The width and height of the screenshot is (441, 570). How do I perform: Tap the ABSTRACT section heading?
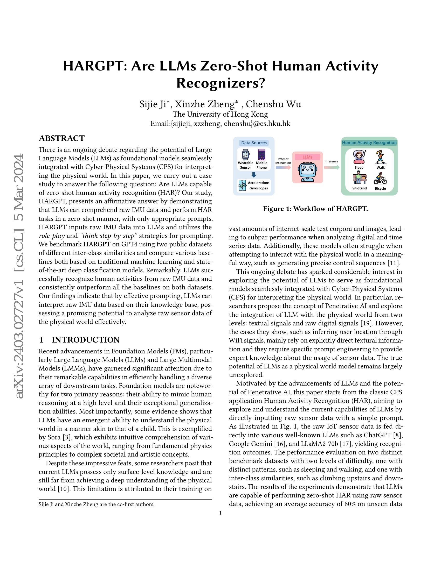62,138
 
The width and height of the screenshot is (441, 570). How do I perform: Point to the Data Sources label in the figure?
254,143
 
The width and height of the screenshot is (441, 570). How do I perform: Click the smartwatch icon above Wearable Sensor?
245,154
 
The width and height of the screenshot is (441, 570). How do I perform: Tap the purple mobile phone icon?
261,154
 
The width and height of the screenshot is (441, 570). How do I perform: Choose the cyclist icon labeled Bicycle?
380,178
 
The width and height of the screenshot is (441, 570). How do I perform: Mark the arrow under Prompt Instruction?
283,168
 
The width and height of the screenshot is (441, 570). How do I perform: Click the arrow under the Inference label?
332,167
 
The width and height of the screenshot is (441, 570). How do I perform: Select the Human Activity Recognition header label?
369,142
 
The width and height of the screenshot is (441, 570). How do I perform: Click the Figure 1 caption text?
315,209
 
